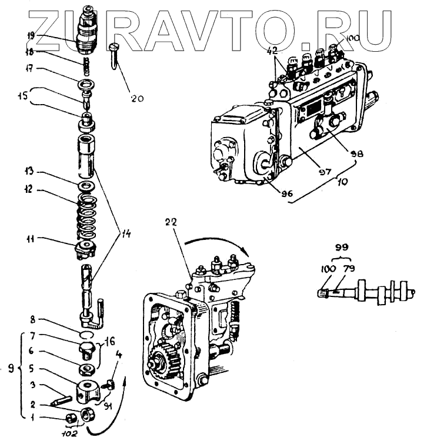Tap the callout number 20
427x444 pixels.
tap(137, 99)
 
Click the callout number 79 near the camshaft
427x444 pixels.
tap(349, 269)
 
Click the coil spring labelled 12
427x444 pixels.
tap(88, 212)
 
